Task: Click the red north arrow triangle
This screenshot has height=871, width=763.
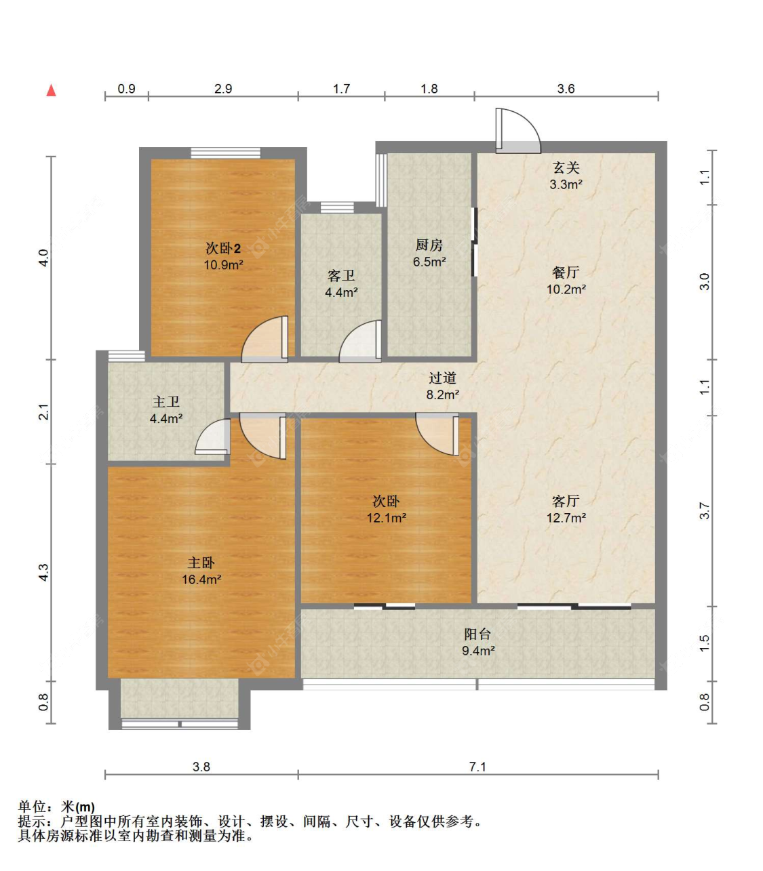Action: click(x=51, y=90)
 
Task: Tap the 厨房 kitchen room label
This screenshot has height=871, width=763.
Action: click(x=429, y=245)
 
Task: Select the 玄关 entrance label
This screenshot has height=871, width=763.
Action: click(x=566, y=167)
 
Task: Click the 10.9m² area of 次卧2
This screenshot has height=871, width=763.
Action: click(x=223, y=265)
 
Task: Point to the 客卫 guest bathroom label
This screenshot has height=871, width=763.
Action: click(x=341, y=276)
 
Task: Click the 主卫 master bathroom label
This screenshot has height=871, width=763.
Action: click(x=165, y=402)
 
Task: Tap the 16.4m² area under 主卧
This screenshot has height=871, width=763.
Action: click(x=201, y=579)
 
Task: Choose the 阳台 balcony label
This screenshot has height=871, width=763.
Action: click(x=477, y=634)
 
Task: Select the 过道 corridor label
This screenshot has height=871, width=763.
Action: click(x=442, y=378)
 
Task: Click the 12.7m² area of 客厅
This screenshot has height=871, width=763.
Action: click(x=566, y=518)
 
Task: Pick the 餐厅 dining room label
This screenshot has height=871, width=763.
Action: click(x=566, y=272)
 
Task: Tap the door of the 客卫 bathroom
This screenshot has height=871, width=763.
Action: click(x=360, y=341)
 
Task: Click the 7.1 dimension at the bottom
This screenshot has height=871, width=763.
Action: click(x=477, y=767)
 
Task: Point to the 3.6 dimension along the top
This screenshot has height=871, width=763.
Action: click(x=566, y=89)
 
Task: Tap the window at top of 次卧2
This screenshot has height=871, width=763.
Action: click(x=225, y=153)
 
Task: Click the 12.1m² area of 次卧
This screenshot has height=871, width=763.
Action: click(x=387, y=518)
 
